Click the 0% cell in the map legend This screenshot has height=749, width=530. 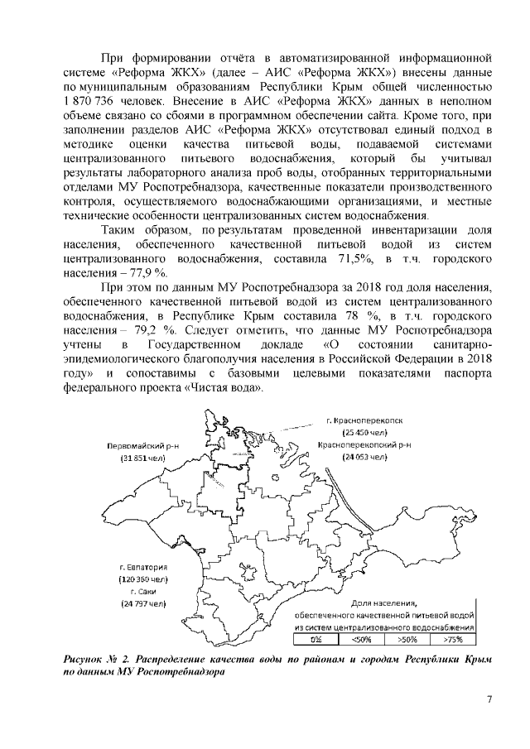point(316,639)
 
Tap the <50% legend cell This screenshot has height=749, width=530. point(362,639)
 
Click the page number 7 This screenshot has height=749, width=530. point(489,703)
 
